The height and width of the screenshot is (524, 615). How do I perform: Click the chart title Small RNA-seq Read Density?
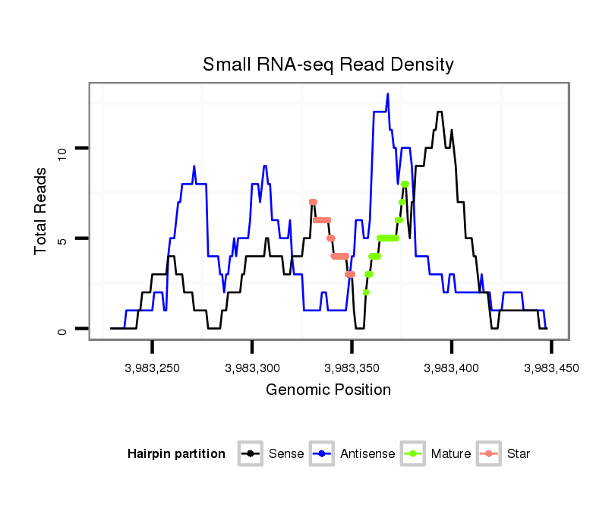tap(328, 65)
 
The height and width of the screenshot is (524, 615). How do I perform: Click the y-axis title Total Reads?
tap(42, 210)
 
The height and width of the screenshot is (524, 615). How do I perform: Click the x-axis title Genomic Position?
tap(328, 390)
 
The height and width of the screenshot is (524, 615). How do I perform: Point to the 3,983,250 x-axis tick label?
tap(153, 368)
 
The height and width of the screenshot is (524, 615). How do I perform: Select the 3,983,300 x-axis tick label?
tap(252, 368)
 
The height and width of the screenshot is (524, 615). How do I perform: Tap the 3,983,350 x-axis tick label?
tap(352, 368)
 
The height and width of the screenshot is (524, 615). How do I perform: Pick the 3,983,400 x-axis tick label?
tap(451, 368)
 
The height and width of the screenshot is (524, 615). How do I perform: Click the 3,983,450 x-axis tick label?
tap(550, 368)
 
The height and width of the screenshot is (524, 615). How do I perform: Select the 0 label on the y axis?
tap(63, 329)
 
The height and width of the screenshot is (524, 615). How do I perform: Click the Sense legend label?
tap(286, 454)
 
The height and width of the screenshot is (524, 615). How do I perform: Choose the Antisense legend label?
tap(367, 454)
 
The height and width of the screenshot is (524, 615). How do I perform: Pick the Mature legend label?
tap(451, 454)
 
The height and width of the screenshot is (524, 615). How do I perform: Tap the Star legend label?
tap(519, 454)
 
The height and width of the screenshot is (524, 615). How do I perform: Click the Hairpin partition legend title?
tap(176, 454)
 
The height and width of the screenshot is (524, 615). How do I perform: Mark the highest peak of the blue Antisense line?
tap(387, 95)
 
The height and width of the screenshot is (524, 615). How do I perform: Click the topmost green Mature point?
tap(405, 184)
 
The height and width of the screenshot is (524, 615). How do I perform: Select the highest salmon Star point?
tap(313, 202)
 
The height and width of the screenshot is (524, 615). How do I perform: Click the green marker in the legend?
tap(412, 454)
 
